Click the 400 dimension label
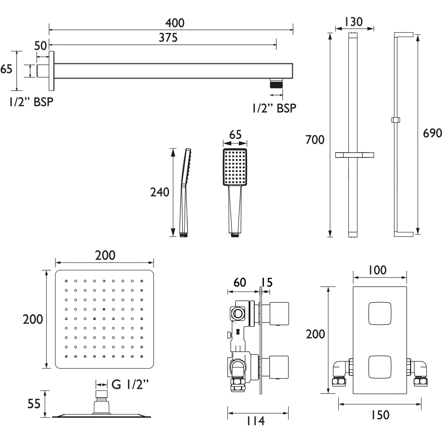[x=175, y=23]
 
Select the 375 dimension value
[x=168, y=38]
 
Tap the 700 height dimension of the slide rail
[x=315, y=140]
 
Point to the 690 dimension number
[x=432, y=133]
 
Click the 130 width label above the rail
[x=354, y=22]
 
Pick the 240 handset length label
[x=160, y=192]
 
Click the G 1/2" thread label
[x=130, y=385]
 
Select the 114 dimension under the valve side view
[x=255, y=421]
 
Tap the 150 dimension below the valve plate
[x=380, y=415]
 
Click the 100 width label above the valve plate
[x=378, y=270]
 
